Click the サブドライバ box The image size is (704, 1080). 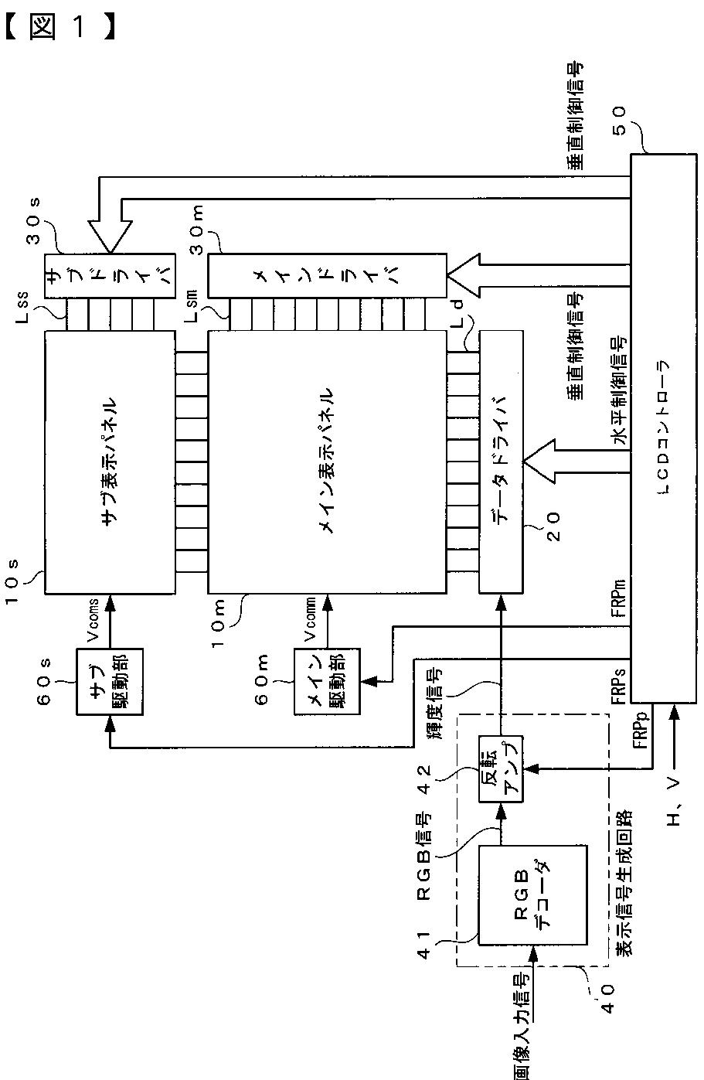110,275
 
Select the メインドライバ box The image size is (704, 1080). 327,275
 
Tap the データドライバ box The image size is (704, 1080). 501,462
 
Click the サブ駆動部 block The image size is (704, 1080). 110,681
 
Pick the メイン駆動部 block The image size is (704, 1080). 327,681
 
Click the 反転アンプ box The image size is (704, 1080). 501,769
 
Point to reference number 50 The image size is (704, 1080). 619,121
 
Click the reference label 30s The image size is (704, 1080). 33,221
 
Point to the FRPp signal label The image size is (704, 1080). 641,730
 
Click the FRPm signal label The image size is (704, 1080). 620,598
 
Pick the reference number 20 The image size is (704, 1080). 553,526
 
